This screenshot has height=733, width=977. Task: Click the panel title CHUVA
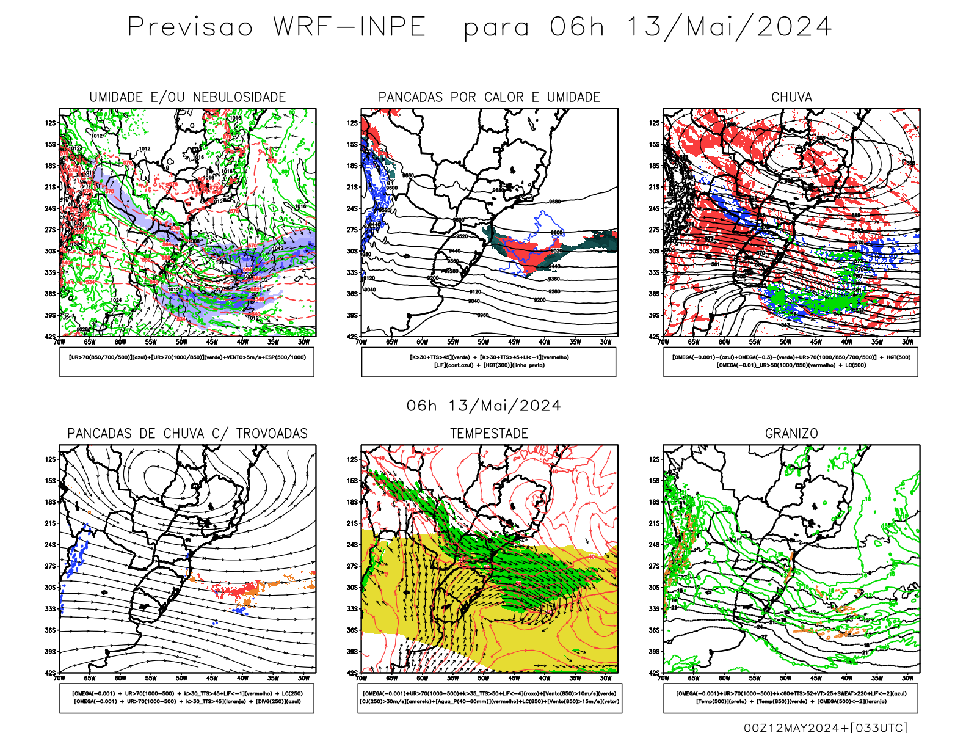tap(791, 97)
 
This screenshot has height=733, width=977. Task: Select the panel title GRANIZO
tap(791, 434)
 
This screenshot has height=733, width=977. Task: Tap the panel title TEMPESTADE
tap(489, 434)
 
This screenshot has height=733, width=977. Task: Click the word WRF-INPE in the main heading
tap(349, 27)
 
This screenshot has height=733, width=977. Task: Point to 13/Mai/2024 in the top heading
tap(729, 27)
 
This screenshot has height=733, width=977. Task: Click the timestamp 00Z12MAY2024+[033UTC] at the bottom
tap(826, 728)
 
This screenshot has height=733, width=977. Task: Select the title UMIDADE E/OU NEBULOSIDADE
tap(187, 97)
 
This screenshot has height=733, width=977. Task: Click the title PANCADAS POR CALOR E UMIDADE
tap(489, 97)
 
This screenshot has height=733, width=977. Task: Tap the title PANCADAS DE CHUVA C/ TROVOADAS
tap(187, 434)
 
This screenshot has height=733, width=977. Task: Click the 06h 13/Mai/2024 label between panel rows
tap(484, 406)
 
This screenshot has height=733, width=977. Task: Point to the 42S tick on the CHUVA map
tap(655, 337)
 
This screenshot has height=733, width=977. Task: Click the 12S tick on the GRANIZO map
tap(655, 459)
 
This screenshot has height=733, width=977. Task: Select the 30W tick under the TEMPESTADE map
tap(605, 678)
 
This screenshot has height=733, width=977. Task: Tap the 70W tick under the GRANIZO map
tap(664, 678)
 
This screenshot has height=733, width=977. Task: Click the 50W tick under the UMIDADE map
tap(181, 342)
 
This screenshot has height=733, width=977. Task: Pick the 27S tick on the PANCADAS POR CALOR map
tap(352, 230)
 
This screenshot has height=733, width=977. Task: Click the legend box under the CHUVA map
tap(791, 362)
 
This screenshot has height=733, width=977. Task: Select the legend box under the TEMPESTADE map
tap(489, 698)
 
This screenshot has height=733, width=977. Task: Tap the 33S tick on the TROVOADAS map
tap(50, 609)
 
